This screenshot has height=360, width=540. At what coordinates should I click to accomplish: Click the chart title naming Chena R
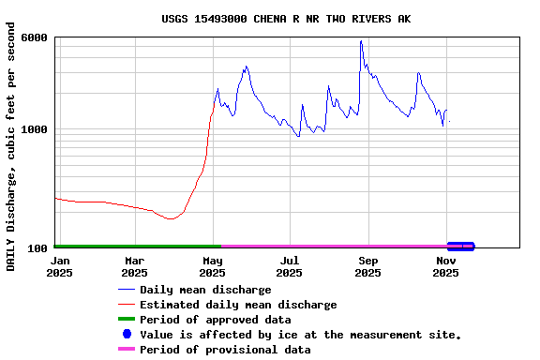[x=286, y=19]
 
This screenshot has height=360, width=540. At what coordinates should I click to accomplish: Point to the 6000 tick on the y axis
[x=36, y=37]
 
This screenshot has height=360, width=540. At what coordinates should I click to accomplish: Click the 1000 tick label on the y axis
[x=36, y=129]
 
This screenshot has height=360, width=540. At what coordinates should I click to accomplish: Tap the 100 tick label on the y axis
[x=38, y=248]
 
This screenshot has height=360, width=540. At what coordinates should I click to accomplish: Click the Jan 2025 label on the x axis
[x=60, y=266]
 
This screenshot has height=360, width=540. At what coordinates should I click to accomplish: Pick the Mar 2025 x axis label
[x=135, y=266]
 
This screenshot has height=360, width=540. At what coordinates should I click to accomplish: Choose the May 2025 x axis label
[x=213, y=266]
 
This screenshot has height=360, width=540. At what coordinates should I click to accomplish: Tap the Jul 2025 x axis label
[x=291, y=266]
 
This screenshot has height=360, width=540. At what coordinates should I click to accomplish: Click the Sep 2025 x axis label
[x=368, y=266]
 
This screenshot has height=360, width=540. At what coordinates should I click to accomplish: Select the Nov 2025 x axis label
[x=446, y=266]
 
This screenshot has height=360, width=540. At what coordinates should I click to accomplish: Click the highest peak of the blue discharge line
[x=361, y=41]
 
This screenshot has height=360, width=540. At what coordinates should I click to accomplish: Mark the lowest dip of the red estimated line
[x=170, y=218]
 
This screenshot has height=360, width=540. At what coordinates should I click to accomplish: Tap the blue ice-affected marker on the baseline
[x=460, y=247]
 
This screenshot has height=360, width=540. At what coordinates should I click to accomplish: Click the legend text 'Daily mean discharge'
[x=205, y=290]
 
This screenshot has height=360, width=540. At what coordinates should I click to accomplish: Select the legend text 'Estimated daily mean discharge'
[x=238, y=305]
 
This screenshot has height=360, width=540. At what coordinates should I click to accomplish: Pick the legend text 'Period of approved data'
[x=215, y=320]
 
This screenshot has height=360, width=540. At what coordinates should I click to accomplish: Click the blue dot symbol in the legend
[x=127, y=334]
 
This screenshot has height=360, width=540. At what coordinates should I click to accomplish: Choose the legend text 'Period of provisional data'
[x=225, y=350]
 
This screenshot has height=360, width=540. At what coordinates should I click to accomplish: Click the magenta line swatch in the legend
[x=127, y=350]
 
